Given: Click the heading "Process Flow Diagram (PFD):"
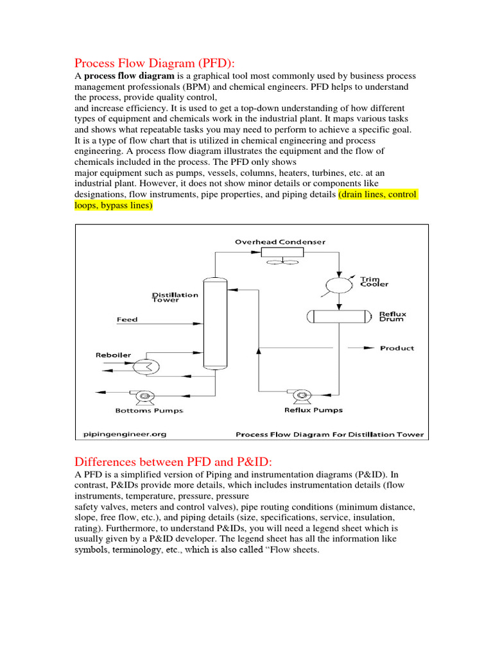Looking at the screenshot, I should coord(155,63).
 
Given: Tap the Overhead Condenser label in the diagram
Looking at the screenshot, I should coord(280,242).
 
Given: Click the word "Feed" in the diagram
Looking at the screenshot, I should coord(127,320).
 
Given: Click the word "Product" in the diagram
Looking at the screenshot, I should coord(397,348).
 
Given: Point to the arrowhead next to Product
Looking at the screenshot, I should coord(368,348).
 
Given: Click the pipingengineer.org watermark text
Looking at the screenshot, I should coord(125,434).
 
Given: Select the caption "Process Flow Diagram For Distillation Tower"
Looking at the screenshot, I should coord(330,434).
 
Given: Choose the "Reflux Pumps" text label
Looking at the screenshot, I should coord(313,410).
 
